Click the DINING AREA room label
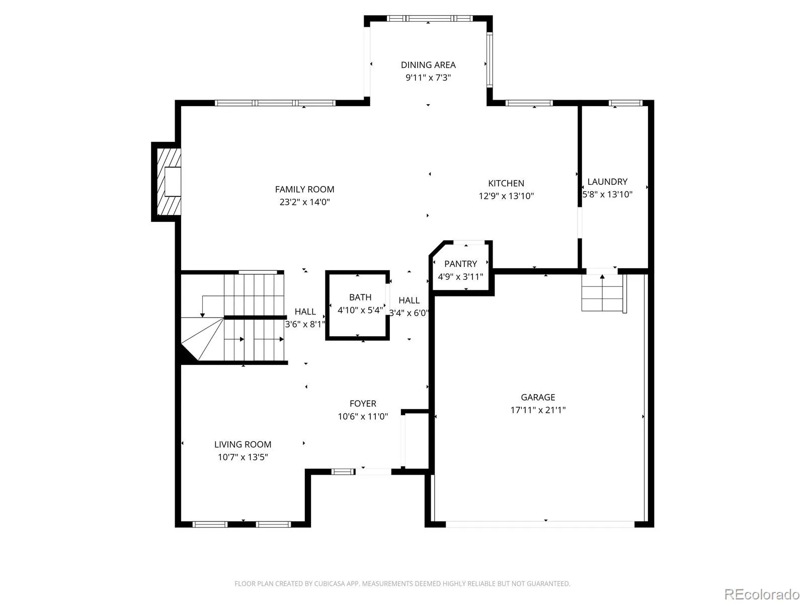(x=428, y=65)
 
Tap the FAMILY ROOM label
(x=304, y=189)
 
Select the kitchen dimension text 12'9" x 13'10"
(x=506, y=196)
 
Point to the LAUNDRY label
(x=607, y=182)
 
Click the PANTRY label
(x=460, y=264)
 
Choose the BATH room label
(x=360, y=297)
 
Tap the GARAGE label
(x=538, y=397)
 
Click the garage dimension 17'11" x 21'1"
(x=538, y=410)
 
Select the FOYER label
(x=363, y=403)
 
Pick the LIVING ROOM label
(x=243, y=444)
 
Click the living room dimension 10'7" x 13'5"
(x=243, y=457)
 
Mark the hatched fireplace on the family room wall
(x=169, y=182)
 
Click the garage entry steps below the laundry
(x=604, y=293)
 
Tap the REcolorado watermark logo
(x=762, y=594)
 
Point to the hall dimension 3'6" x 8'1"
(x=305, y=324)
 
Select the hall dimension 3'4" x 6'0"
(x=409, y=313)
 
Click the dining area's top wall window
(x=430, y=18)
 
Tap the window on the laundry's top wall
(x=625, y=103)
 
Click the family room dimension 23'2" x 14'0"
(x=304, y=202)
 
